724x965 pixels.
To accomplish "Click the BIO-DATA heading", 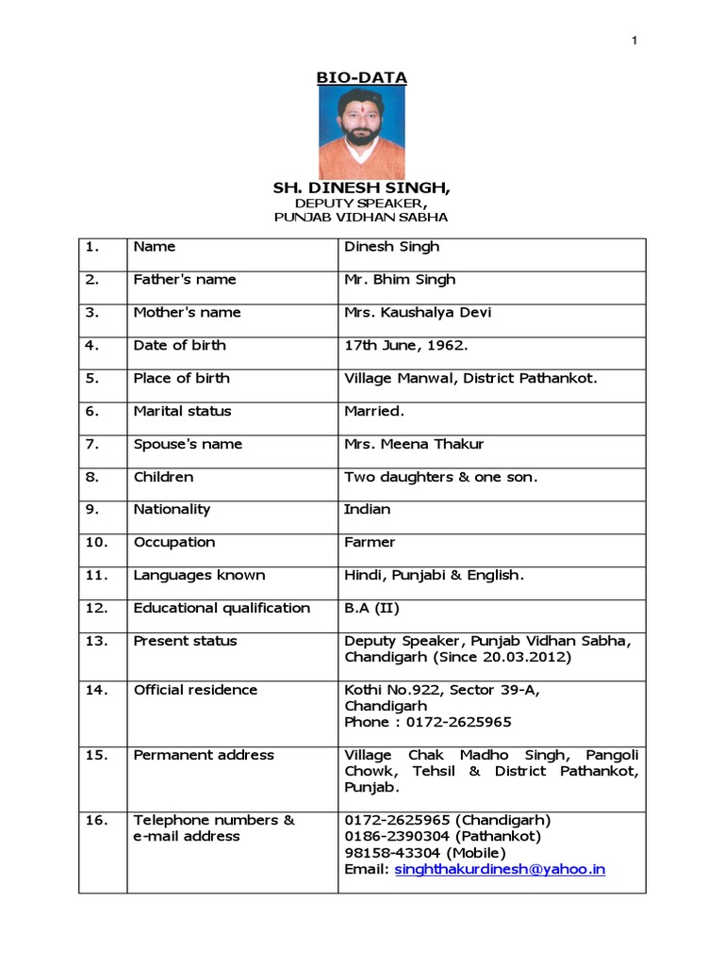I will pyautogui.click(x=361, y=76).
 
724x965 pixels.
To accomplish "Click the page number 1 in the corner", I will pyautogui.click(x=635, y=40).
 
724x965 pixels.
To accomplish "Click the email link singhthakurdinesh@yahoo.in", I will pyautogui.click(x=500, y=869).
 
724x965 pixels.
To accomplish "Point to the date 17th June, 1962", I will pyautogui.click(x=406, y=345).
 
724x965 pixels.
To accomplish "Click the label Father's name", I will pyautogui.click(x=185, y=279).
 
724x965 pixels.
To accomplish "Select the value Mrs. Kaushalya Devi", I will pyautogui.click(x=418, y=312).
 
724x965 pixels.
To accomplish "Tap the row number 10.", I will pyautogui.click(x=96, y=542).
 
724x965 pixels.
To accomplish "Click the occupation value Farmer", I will pyautogui.click(x=370, y=542).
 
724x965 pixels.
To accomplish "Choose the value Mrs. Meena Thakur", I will pyautogui.click(x=414, y=444).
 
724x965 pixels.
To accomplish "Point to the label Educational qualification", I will pyautogui.click(x=222, y=608).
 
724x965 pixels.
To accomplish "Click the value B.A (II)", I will pyautogui.click(x=372, y=608).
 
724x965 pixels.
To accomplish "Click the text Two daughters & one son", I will pyautogui.click(x=441, y=477).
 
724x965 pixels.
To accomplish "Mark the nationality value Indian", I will pyautogui.click(x=368, y=509).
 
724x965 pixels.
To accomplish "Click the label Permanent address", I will pyautogui.click(x=204, y=755).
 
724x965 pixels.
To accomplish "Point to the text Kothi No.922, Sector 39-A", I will pyautogui.click(x=442, y=690).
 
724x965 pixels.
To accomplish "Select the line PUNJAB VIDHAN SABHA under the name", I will pyautogui.click(x=361, y=217).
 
